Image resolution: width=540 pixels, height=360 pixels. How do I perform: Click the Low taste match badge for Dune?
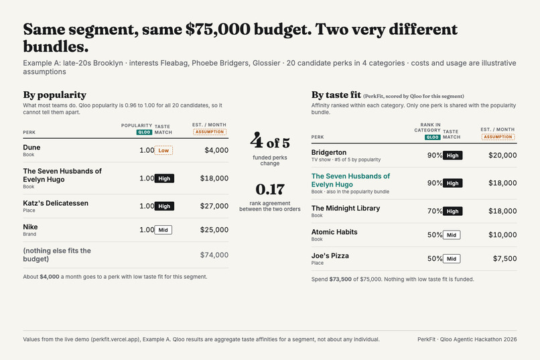point(163,151)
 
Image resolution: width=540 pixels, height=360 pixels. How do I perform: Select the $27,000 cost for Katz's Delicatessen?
point(214,206)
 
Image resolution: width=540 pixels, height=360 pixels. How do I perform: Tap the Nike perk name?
point(30,227)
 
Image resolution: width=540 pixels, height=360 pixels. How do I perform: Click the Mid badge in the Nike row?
point(163,230)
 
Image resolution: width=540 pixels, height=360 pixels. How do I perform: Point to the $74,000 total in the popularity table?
point(214,255)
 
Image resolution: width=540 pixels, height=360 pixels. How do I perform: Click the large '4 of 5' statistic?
point(270,141)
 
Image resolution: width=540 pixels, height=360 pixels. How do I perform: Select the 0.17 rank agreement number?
point(270,189)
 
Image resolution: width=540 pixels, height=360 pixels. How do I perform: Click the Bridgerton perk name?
point(329,153)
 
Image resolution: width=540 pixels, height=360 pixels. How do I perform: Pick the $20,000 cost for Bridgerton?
point(502,156)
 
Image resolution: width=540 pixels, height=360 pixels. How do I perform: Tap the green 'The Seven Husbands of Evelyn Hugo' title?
point(350,180)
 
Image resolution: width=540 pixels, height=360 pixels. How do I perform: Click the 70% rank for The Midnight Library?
point(435,211)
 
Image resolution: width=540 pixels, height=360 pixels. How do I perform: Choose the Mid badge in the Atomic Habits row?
point(452,235)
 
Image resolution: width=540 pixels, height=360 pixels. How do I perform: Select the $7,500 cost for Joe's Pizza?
point(505,259)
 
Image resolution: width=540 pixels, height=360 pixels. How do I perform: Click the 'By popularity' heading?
point(55,95)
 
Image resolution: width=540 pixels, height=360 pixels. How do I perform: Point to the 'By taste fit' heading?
point(336,95)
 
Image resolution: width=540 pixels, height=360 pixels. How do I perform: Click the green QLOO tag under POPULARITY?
point(144,132)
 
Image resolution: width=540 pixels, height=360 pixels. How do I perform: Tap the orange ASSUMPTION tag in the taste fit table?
point(498,137)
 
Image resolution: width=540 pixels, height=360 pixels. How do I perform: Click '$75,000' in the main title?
point(218,29)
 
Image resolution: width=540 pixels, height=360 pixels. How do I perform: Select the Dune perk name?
point(31,147)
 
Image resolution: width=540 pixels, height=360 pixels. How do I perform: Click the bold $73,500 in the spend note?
point(340,280)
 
